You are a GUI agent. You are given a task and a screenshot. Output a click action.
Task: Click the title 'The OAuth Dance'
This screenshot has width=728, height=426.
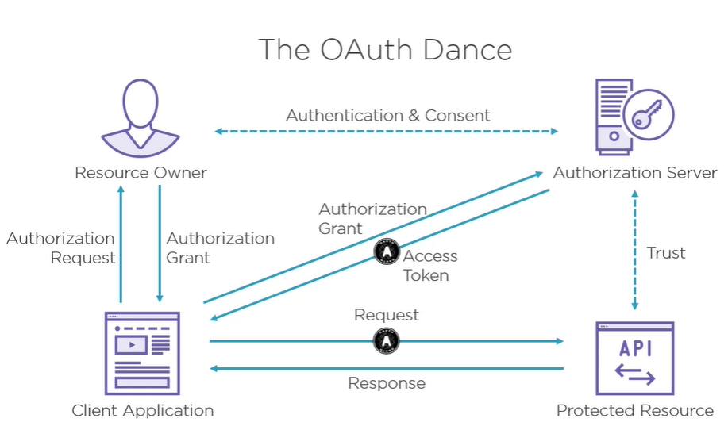pyautogui.click(x=385, y=49)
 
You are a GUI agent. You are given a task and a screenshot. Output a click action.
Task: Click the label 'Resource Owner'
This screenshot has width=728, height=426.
pyautogui.click(x=141, y=172)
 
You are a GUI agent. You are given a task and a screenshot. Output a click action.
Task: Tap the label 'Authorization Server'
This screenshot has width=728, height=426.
pyautogui.click(x=635, y=172)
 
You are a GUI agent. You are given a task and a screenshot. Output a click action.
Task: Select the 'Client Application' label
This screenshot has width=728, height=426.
pyautogui.click(x=142, y=410)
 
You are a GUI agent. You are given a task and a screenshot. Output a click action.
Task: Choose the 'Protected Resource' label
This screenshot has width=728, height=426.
pyautogui.click(x=634, y=410)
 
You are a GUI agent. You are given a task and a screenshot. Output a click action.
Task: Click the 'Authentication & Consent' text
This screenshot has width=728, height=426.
pyautogui.click(x=388, y=115)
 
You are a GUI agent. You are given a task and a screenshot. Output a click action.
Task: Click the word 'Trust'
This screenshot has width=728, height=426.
pyautogui.click(x=666, y=253)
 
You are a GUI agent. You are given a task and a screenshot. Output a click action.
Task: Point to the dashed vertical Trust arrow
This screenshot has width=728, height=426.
pyautogui.click(x=634, y=249)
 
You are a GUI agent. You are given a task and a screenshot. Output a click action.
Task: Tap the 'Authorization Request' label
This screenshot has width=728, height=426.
pyautogui.click(x=60, y=248)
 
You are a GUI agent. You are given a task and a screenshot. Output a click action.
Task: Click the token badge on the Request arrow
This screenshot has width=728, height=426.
pyautogui.click(x=387, y=341)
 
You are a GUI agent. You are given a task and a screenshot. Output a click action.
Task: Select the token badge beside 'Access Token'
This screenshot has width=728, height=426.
pyautogui.click(x=387, y=251)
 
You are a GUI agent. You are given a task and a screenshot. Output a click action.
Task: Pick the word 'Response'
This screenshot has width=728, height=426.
pyautogui.click(x=387, y=383)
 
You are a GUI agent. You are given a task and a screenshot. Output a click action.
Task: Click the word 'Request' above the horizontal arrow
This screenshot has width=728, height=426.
pyautogui.click(x=387, y=315)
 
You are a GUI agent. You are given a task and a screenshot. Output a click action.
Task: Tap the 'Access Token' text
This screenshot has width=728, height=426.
pyautogui.click(x=429, y=266)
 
